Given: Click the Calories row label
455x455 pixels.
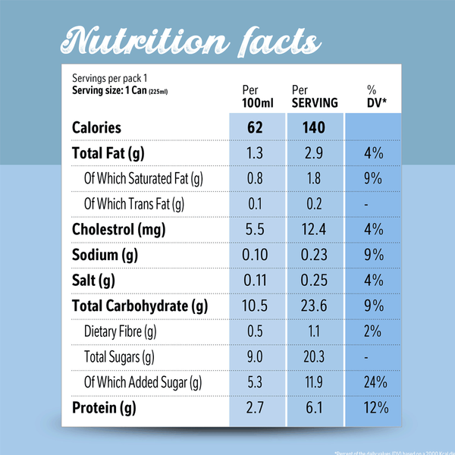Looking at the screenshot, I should click(96, 127).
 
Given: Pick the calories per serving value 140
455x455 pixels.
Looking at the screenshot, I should click(312, 127).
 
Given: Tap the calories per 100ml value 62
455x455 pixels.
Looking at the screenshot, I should click(255, 127).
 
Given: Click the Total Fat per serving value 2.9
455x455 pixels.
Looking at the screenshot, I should click(312, 153).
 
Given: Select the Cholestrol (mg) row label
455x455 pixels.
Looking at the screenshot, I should click(118, 229).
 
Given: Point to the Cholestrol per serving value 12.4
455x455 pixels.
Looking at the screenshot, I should click(312, 229).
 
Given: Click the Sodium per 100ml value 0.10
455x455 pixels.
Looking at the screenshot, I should click(255, 255).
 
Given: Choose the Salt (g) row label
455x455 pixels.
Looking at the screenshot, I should click(93, 281).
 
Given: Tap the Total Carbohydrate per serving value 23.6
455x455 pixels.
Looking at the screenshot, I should click(312, 306).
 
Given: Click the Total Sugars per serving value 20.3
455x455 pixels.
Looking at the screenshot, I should click(312, 357).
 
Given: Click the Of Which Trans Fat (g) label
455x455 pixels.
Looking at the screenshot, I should click(134, 203).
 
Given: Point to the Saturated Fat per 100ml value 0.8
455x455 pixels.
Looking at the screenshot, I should click(255, 178).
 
